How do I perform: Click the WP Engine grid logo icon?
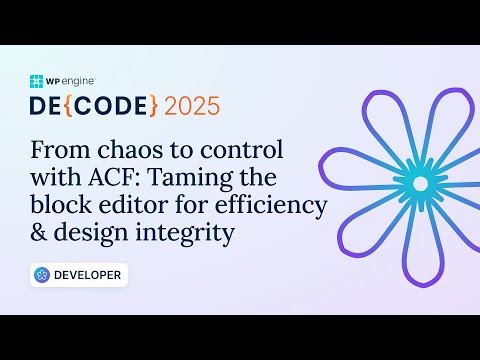point(37,81)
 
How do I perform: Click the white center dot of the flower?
point(420,184)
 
